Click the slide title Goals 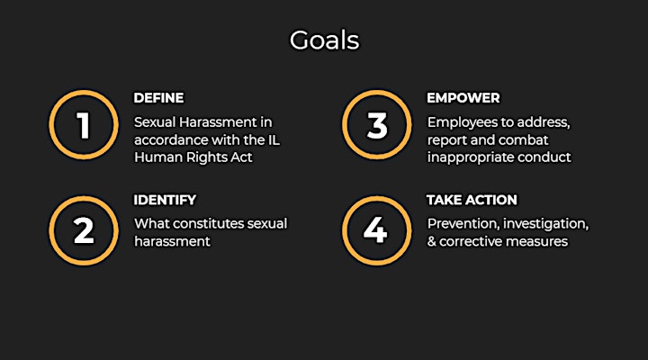pyautogui.click(x=324, y=40)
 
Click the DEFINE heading pyautogui.click(x=158, y=98)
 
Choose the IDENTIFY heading pyautogui.click(x=165, y=200)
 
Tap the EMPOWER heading pyautogui.click(x=463, y=98)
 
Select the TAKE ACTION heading pyautogui.click(x=472, y=200)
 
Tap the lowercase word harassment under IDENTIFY pyautogui.click(x=172, y=241)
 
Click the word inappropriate pyautogui.click(x=470, y=157)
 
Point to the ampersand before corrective pyautogui.click(x=432, y=241)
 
